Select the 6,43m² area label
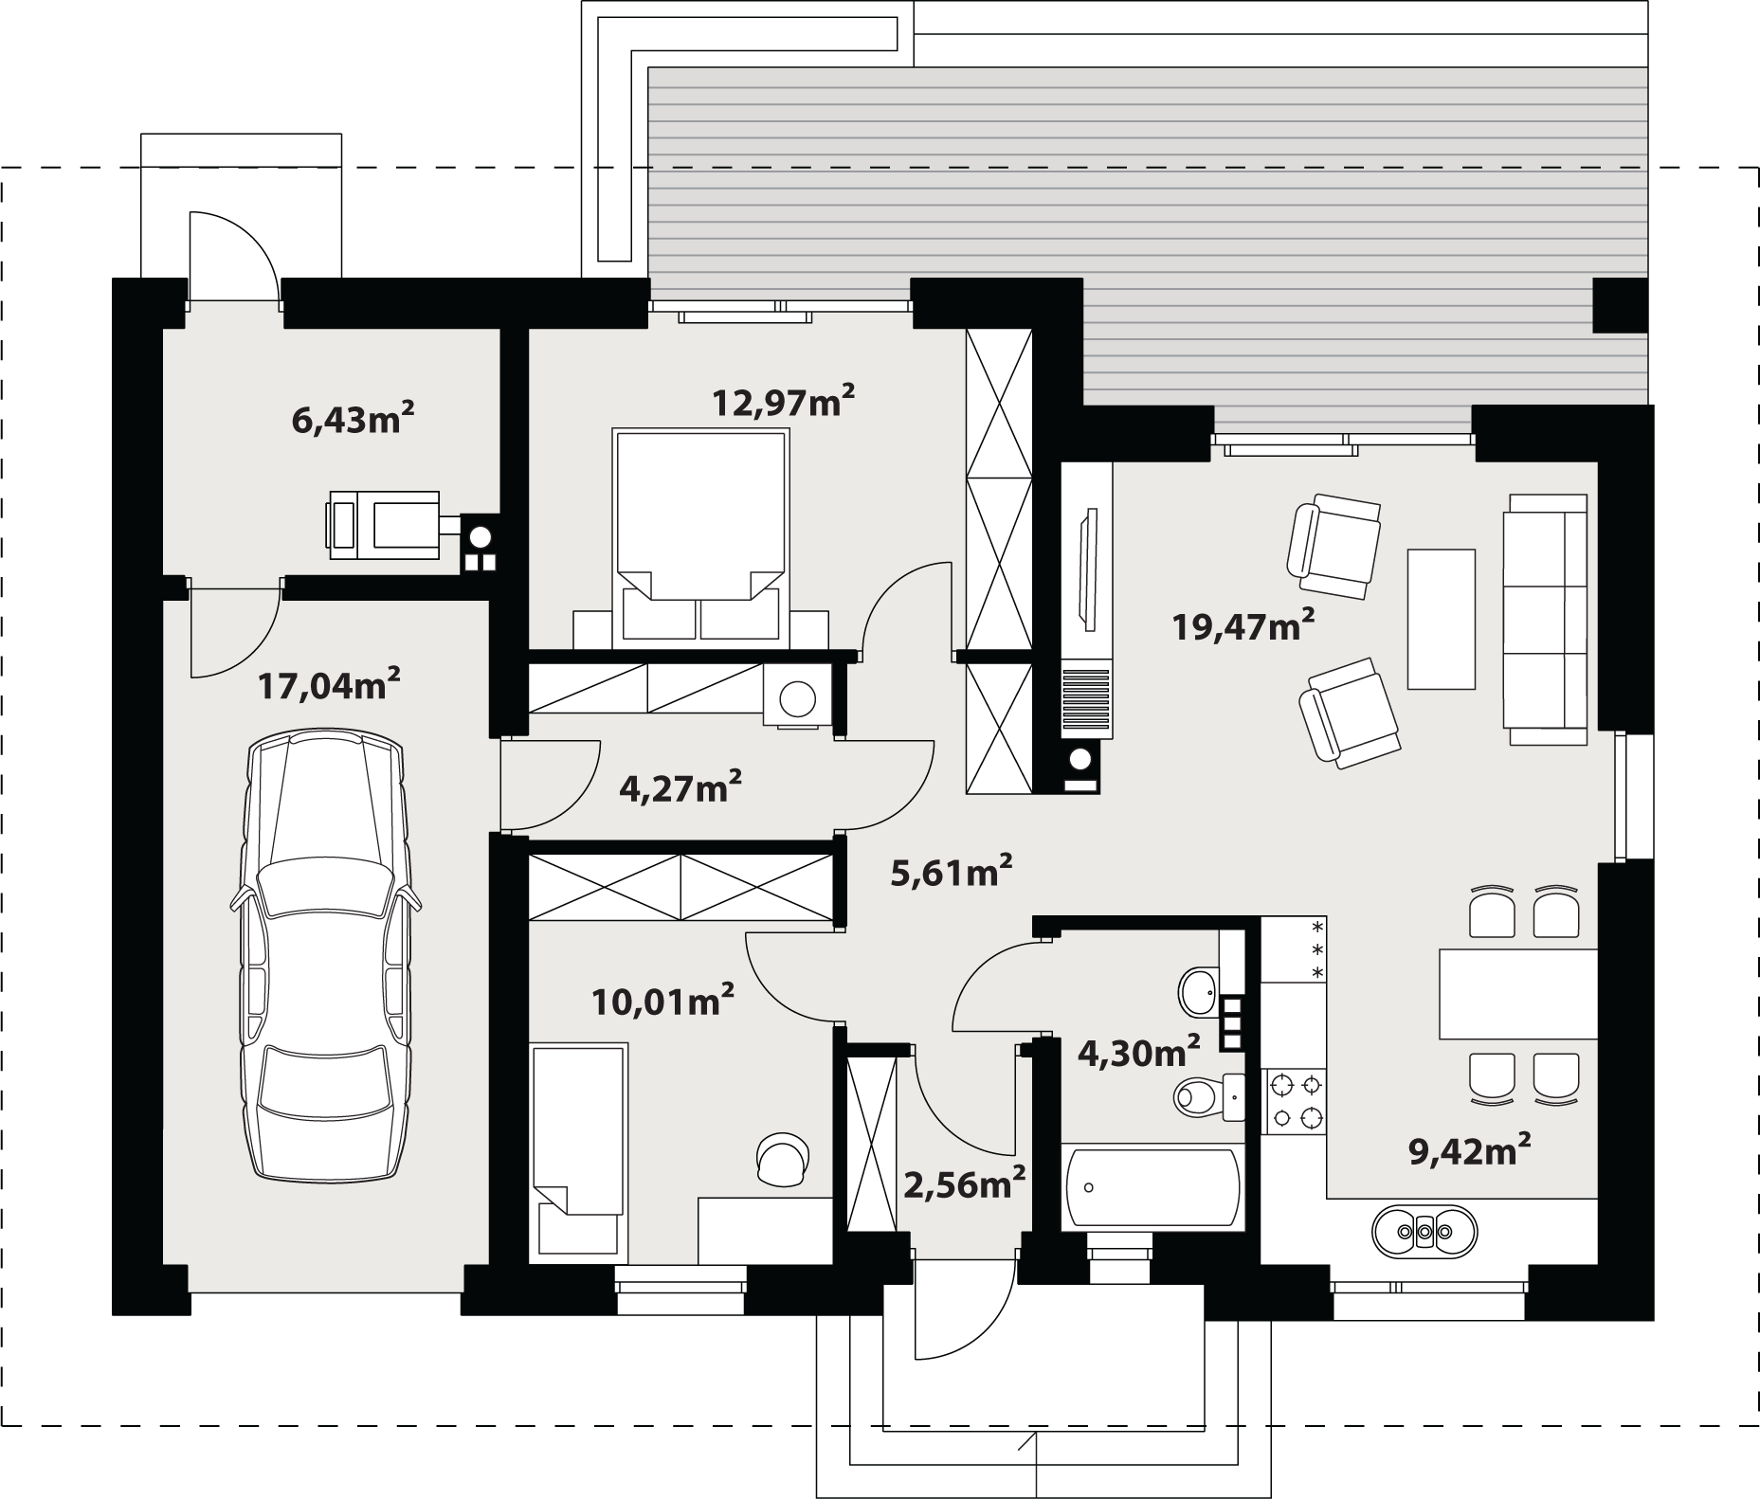pos(353,418)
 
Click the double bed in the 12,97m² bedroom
pos(701,537)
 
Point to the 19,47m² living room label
pos(1243,625)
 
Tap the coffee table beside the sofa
pos(1442,619)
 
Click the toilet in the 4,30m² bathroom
pos(1209,1097)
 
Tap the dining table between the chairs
pos(1518,994)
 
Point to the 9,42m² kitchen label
pos(1470,1150)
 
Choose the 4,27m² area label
pos(680,786)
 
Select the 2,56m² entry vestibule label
pos(964,1183)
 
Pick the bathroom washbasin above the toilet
pos(1199,992)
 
